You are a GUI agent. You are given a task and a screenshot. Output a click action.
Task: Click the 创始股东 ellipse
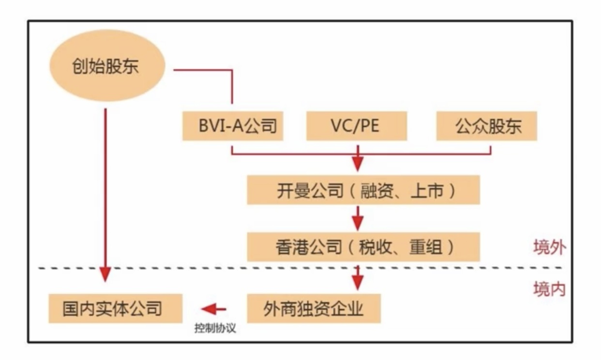107,68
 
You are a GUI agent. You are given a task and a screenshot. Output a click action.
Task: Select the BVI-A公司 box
232,126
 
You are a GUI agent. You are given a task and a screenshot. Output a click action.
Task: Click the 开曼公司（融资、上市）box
363,190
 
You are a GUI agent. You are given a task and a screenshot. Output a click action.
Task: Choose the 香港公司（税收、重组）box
363,247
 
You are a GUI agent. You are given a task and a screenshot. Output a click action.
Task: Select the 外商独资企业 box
314,308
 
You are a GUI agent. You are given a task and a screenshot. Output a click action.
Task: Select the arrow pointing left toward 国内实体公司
214,308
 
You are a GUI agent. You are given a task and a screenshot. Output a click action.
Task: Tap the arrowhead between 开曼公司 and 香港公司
358,224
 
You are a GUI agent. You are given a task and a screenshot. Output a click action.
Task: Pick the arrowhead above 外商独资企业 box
358,283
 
